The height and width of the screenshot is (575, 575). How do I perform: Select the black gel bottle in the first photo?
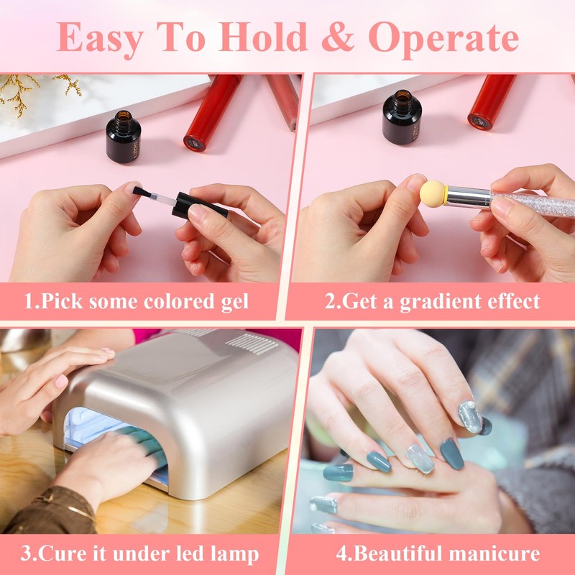(124, 137)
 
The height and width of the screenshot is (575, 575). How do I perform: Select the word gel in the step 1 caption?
(231, 300)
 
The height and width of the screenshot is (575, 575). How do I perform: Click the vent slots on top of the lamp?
(252, 344)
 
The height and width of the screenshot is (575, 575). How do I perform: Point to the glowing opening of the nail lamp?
(108, 438)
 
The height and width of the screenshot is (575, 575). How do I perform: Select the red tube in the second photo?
(492, 101)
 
